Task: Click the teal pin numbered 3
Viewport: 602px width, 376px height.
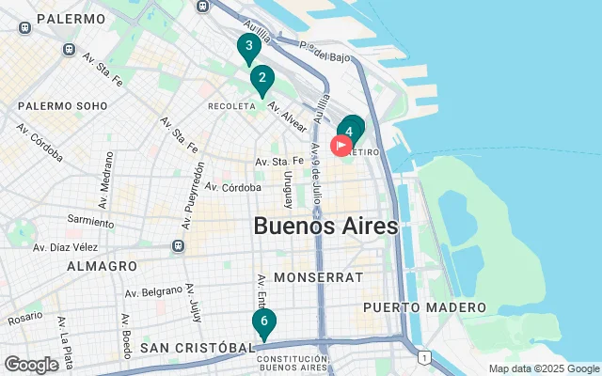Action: click(x=248, y=47)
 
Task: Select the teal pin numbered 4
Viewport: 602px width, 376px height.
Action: click(x=350, y=132)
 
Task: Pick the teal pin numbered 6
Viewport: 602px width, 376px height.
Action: click(x=264, y=322)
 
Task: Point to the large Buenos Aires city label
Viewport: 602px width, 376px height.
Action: click(x=325, y=227)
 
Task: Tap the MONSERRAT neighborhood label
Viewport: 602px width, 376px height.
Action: click(x=318, y=278)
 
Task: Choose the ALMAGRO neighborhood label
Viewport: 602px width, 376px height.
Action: click(x=102, y=266)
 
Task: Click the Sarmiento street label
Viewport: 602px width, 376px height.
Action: click(x=91, y=220)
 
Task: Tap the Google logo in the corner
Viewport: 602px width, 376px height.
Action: click(x=31, y=365)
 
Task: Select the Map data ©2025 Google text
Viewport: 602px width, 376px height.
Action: click(x=543, y=368)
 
